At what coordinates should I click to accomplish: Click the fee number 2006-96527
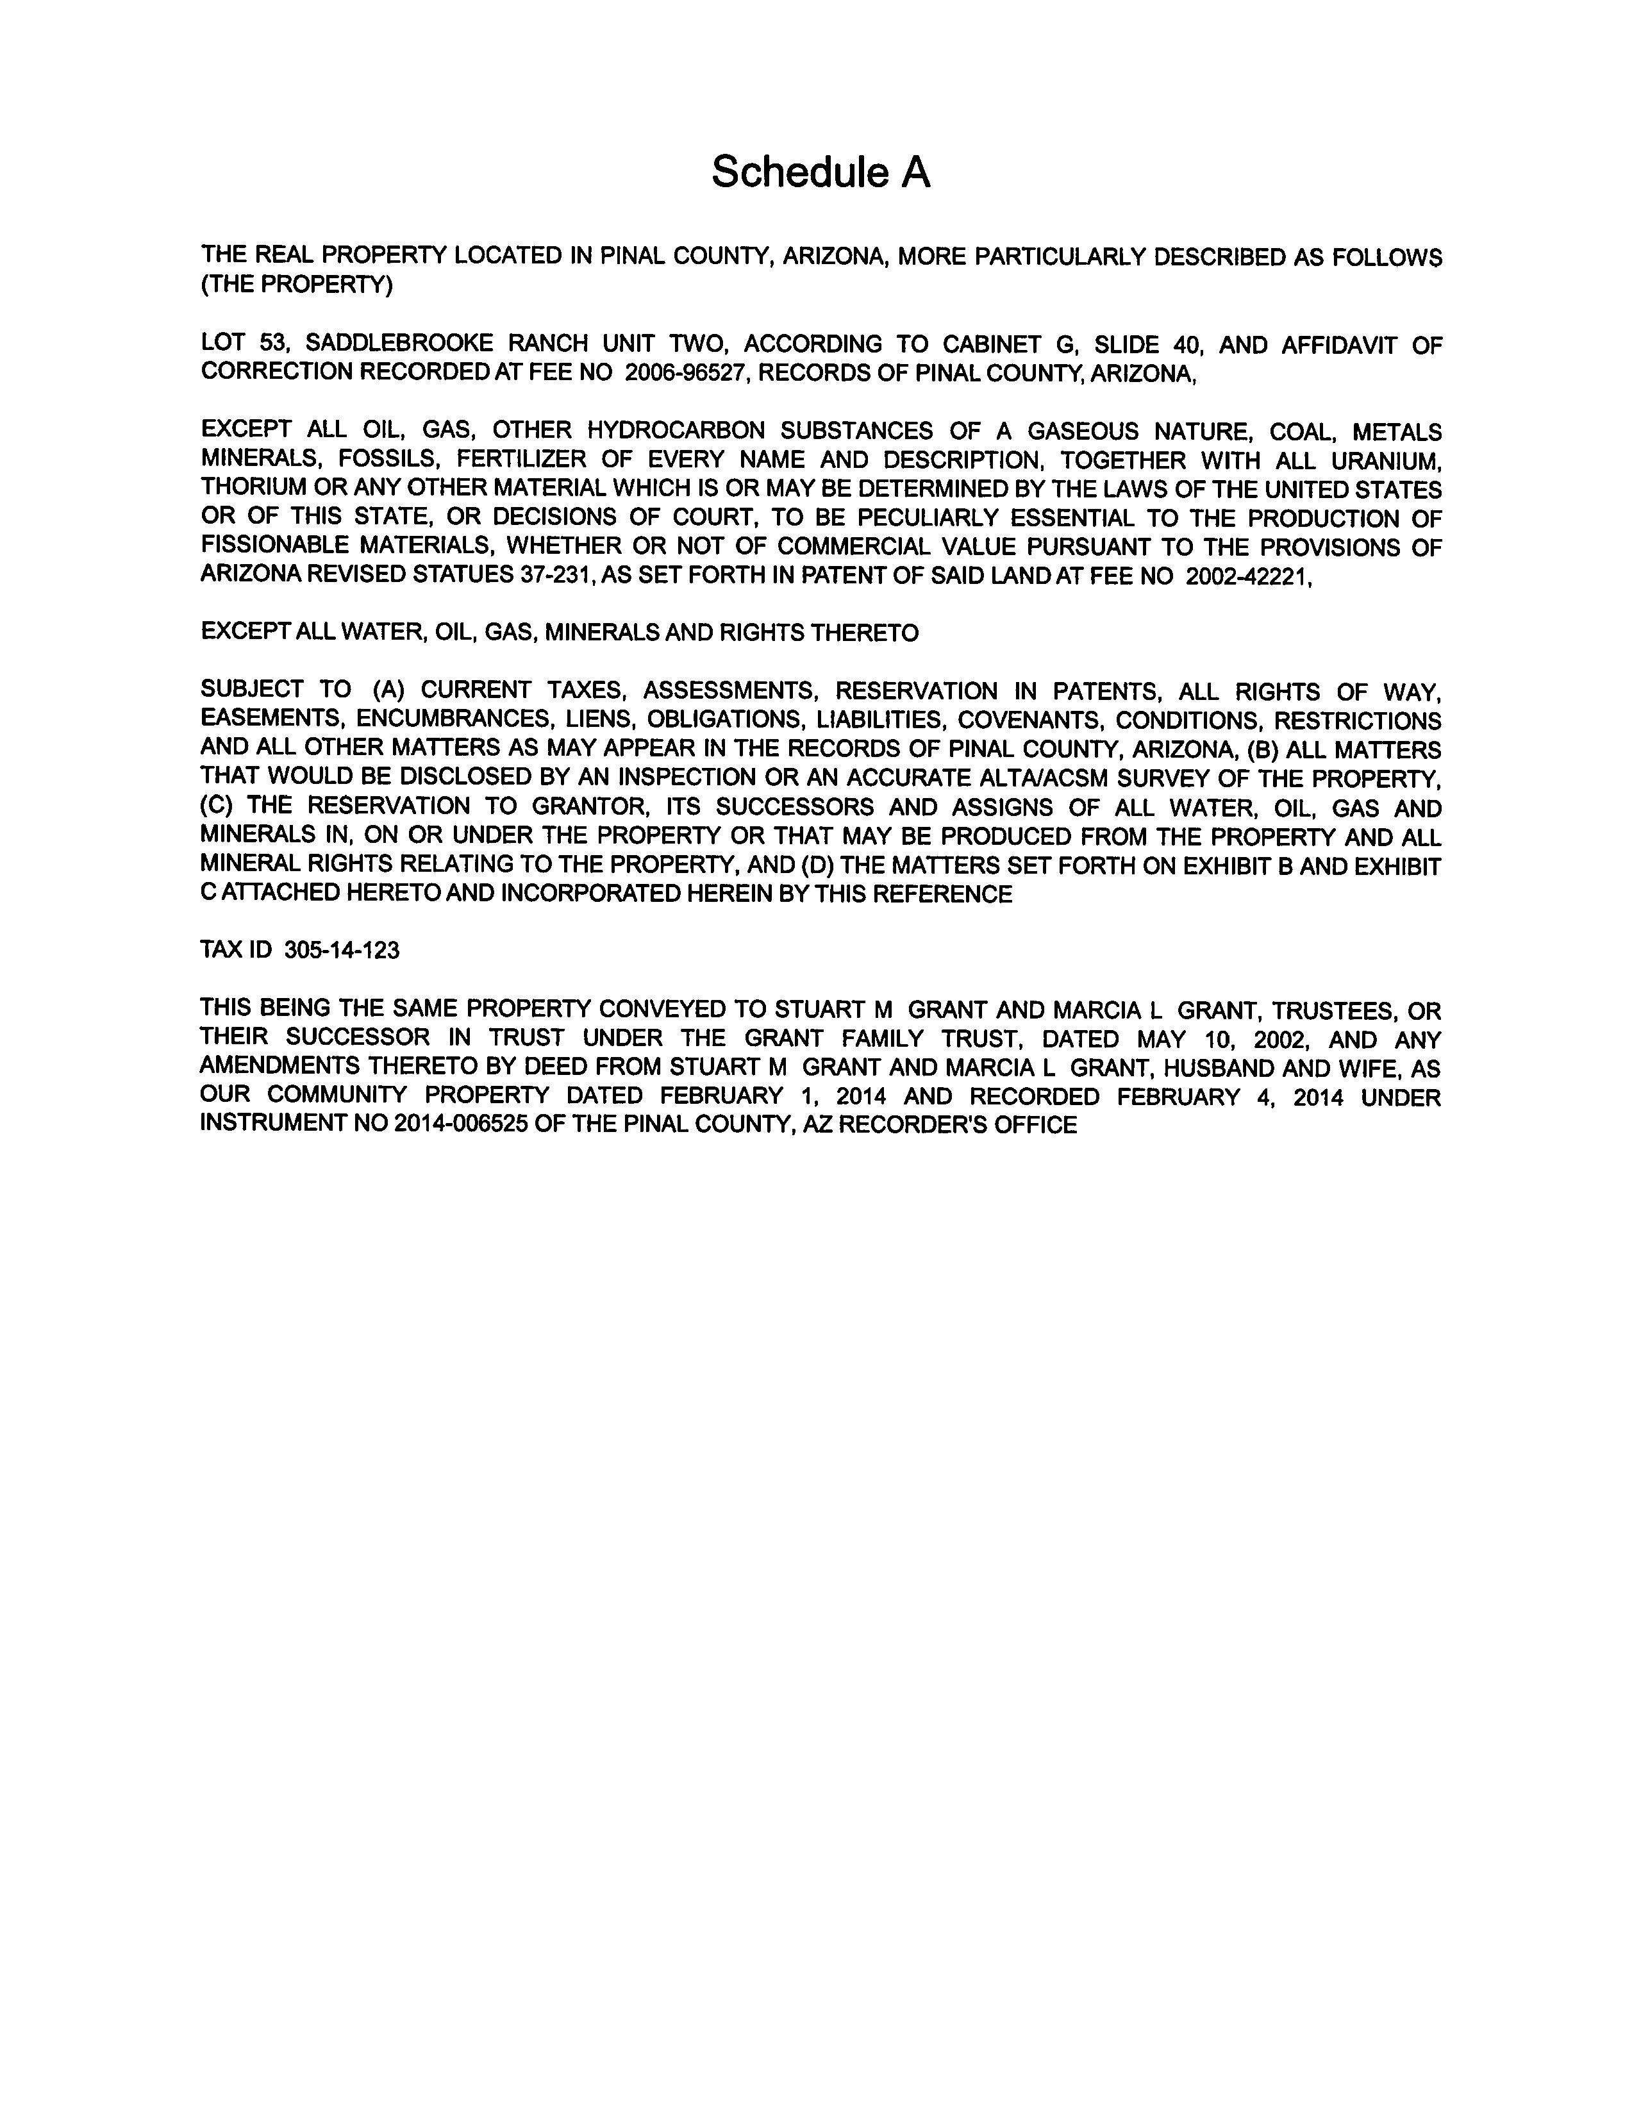(685, 373)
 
